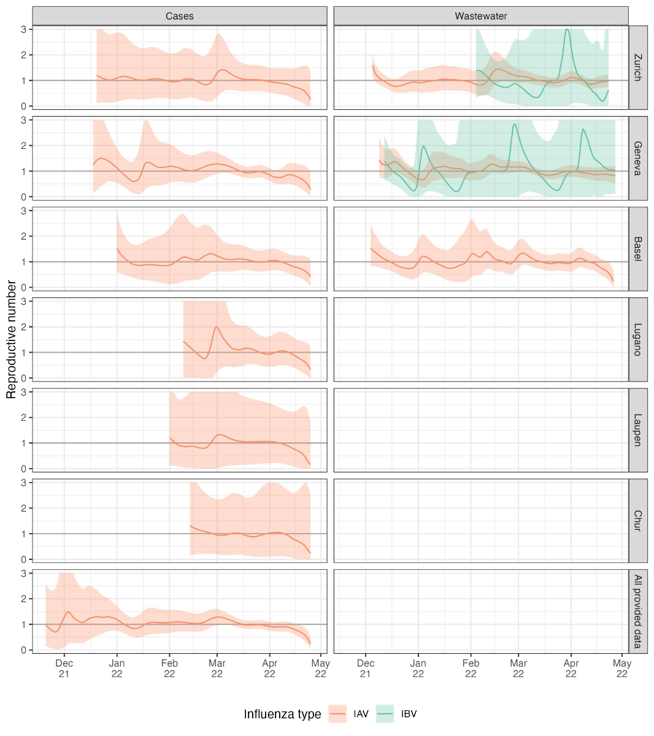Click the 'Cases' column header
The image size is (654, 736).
[x=179, y=16]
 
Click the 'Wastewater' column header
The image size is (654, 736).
[x=481, y=16]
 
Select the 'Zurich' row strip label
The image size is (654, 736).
[x=638, y=67]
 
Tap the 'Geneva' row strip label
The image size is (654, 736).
[x=638, y=158]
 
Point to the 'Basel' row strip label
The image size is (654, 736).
[x=638, y=249]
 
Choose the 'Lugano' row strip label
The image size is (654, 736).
[x=638, y=340]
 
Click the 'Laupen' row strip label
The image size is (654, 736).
[x=638, y=430]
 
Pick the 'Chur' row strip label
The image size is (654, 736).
[x=638, y=521]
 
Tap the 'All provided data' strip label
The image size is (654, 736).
[x=638, y=611]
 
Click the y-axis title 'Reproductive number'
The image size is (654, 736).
[x=11, y=339]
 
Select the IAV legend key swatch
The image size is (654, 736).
[x=338, y=714]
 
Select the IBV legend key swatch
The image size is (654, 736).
[x=385, y=714]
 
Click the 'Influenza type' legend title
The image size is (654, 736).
[x=282, y=715]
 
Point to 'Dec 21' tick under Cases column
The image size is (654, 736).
[x=64, y=668]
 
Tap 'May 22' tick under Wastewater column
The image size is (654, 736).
[x=622, y=668]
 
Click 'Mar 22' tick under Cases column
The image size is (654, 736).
[x=217, y=668]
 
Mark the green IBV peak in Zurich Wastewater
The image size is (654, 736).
[x=567, y=29]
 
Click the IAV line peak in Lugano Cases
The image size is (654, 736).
[x=217, y=327]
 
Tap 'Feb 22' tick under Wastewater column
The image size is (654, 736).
[x=471, y=668]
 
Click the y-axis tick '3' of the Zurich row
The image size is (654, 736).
[x=23, y=29]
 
